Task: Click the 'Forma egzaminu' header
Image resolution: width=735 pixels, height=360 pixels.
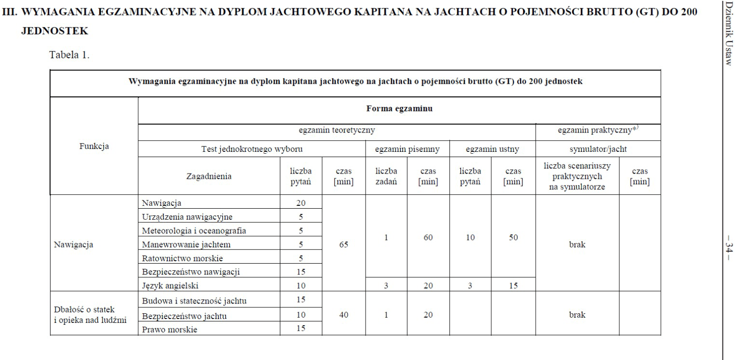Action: tap(399, 108)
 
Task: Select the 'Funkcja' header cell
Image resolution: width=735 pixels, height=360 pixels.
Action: tap(93, 147)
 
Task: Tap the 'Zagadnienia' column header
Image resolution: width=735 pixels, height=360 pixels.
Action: tap(209, 176)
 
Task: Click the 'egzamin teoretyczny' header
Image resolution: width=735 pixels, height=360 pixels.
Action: tap(337, 130)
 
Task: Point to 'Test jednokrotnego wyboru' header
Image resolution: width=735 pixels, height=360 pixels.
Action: tap(251, 149)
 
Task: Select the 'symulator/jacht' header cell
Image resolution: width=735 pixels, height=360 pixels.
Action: tap(598, 149)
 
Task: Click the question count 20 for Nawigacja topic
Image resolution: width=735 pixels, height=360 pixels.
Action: tap(301, 203)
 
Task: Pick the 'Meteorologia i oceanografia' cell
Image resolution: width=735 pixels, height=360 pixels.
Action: tap(194, 230)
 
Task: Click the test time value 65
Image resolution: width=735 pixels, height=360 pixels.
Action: tap(343, 244)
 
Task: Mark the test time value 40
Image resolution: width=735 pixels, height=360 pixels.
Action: tap(343, 315)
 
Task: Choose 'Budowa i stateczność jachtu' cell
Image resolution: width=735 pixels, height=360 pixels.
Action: tap(197, 301)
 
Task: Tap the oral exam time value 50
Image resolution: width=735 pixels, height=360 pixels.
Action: tap(513, 238)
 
